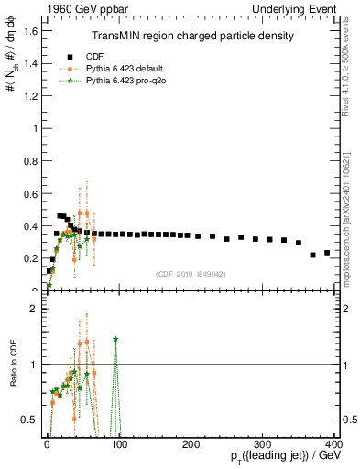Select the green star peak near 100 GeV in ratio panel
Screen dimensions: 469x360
[115, 339]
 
